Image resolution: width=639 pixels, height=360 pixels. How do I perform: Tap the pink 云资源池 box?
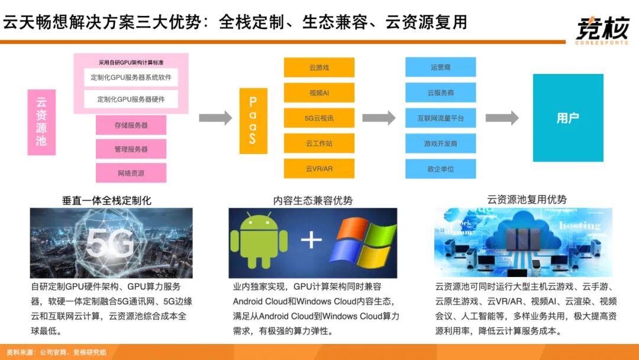(41, 122)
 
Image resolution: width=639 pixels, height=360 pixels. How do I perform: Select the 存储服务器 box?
(131, 125)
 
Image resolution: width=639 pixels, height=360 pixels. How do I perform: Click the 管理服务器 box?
(131, 149)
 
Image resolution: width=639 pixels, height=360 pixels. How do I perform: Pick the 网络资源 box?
(131, 173)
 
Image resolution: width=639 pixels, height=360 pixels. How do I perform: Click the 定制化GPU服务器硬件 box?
(131, 99)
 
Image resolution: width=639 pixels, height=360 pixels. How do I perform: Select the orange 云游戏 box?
(319, 67)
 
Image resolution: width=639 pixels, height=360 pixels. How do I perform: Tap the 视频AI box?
(319, 93)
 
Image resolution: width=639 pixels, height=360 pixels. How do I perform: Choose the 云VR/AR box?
(319, 169)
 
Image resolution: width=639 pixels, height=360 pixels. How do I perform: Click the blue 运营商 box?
(440, 67)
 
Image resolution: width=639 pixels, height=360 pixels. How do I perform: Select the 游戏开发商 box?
(440, 143)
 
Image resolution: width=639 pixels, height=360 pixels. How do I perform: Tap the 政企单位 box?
(440, 169)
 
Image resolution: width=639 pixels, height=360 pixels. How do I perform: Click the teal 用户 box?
(567, 118)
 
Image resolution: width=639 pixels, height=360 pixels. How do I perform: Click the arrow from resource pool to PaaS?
(215, 118)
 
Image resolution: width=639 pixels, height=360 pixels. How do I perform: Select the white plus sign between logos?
(311, 239)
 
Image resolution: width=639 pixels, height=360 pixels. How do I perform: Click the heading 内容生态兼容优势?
(312, 201)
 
